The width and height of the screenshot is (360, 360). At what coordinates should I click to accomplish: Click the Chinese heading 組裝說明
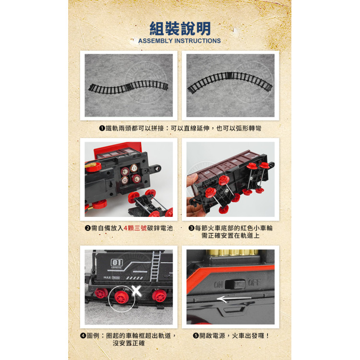(x=180, y=29)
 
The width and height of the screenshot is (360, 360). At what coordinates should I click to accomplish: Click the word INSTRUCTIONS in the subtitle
(x=198, y=41)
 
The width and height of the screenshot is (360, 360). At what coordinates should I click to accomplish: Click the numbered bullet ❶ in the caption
(x=102, y=129)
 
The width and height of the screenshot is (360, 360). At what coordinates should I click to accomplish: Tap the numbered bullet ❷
(x=87, y=228)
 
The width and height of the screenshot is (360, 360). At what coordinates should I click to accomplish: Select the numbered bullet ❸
(x=191, y=228)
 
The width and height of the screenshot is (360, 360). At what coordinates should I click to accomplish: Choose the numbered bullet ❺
(x=196, y=336)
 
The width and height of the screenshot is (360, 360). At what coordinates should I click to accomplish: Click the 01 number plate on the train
(x=117, y=263)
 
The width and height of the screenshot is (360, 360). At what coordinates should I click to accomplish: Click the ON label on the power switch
(x=219, y=285)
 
